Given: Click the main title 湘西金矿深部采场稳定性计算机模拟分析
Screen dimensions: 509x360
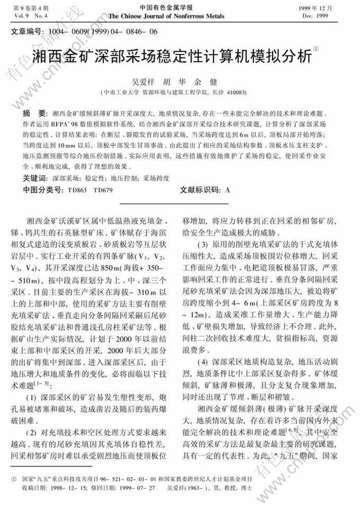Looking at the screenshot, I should click(x=171, y=56).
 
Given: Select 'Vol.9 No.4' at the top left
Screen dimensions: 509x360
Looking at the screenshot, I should click(x=29, y=16).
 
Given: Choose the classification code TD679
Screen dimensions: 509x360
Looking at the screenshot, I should click(x=103, y=190).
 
